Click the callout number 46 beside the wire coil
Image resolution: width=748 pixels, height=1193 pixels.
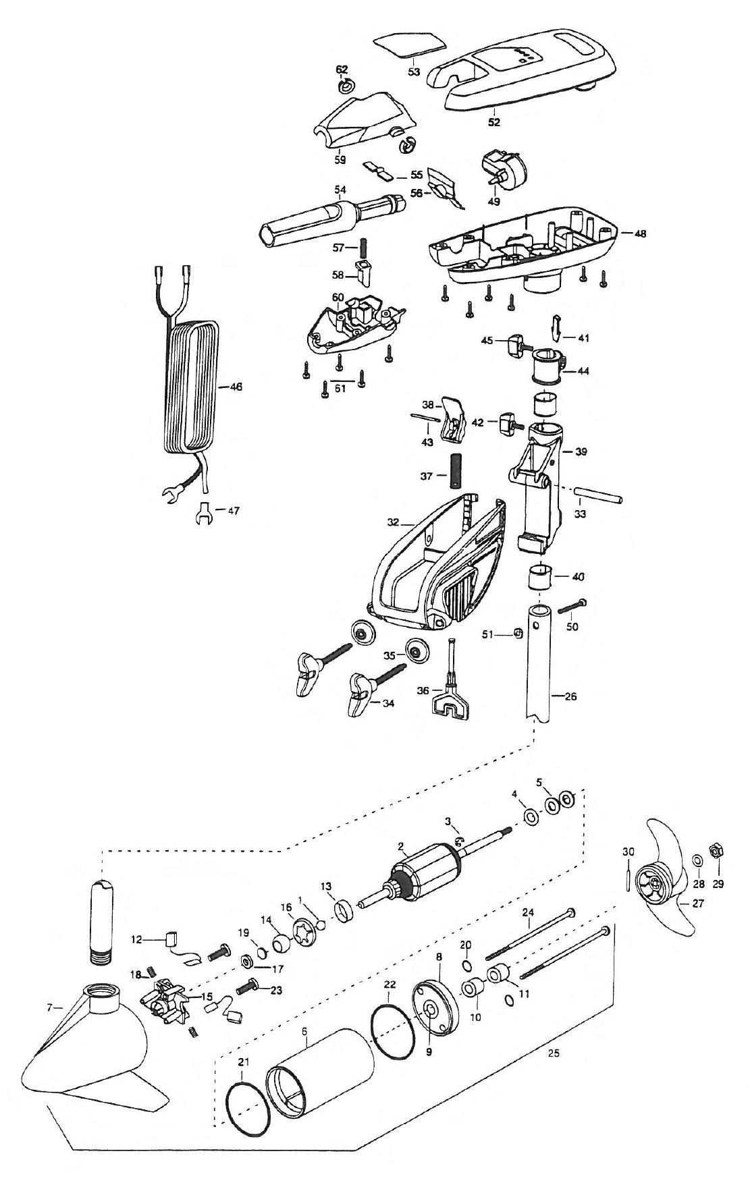click(236, 387)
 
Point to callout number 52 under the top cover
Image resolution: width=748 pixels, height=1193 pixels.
click(494, 122)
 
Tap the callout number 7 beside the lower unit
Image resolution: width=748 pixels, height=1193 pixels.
click(49, 1007)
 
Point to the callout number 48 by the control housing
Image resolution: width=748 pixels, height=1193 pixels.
click(640, 233)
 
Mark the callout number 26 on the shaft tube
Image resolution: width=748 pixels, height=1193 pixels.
click(570, 696)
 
